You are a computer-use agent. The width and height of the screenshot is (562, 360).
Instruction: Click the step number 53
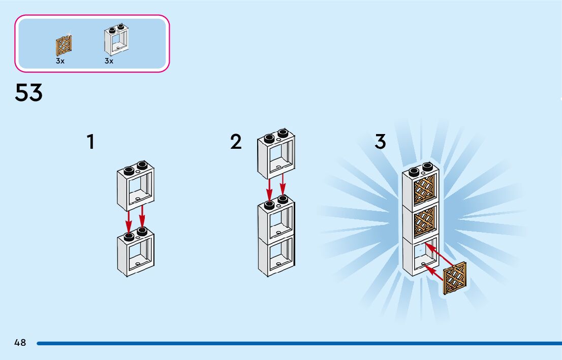click(x=29, y=93)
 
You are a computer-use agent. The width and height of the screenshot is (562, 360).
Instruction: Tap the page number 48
click(x=20, y=343)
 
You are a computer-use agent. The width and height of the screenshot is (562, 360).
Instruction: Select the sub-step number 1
click(x=90, y=142)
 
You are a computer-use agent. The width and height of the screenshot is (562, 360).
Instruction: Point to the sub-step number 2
click(x=236, y=142)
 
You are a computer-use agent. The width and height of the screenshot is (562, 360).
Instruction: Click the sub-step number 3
click(x=381, y=142)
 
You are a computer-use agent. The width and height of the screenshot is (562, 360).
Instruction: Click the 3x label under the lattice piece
click(x=60, y=61)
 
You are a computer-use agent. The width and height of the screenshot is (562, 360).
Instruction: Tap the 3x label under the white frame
click(x=109, y=61)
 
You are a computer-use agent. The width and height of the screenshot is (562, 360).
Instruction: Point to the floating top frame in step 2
click(x=276, y=154)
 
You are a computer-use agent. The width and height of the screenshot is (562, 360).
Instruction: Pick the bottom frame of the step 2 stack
click(x=276, y=256)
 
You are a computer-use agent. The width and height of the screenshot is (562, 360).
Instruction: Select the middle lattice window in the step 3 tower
click(x=423, y=221)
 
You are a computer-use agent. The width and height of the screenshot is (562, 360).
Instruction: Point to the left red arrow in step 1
click(x=129, y=219)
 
